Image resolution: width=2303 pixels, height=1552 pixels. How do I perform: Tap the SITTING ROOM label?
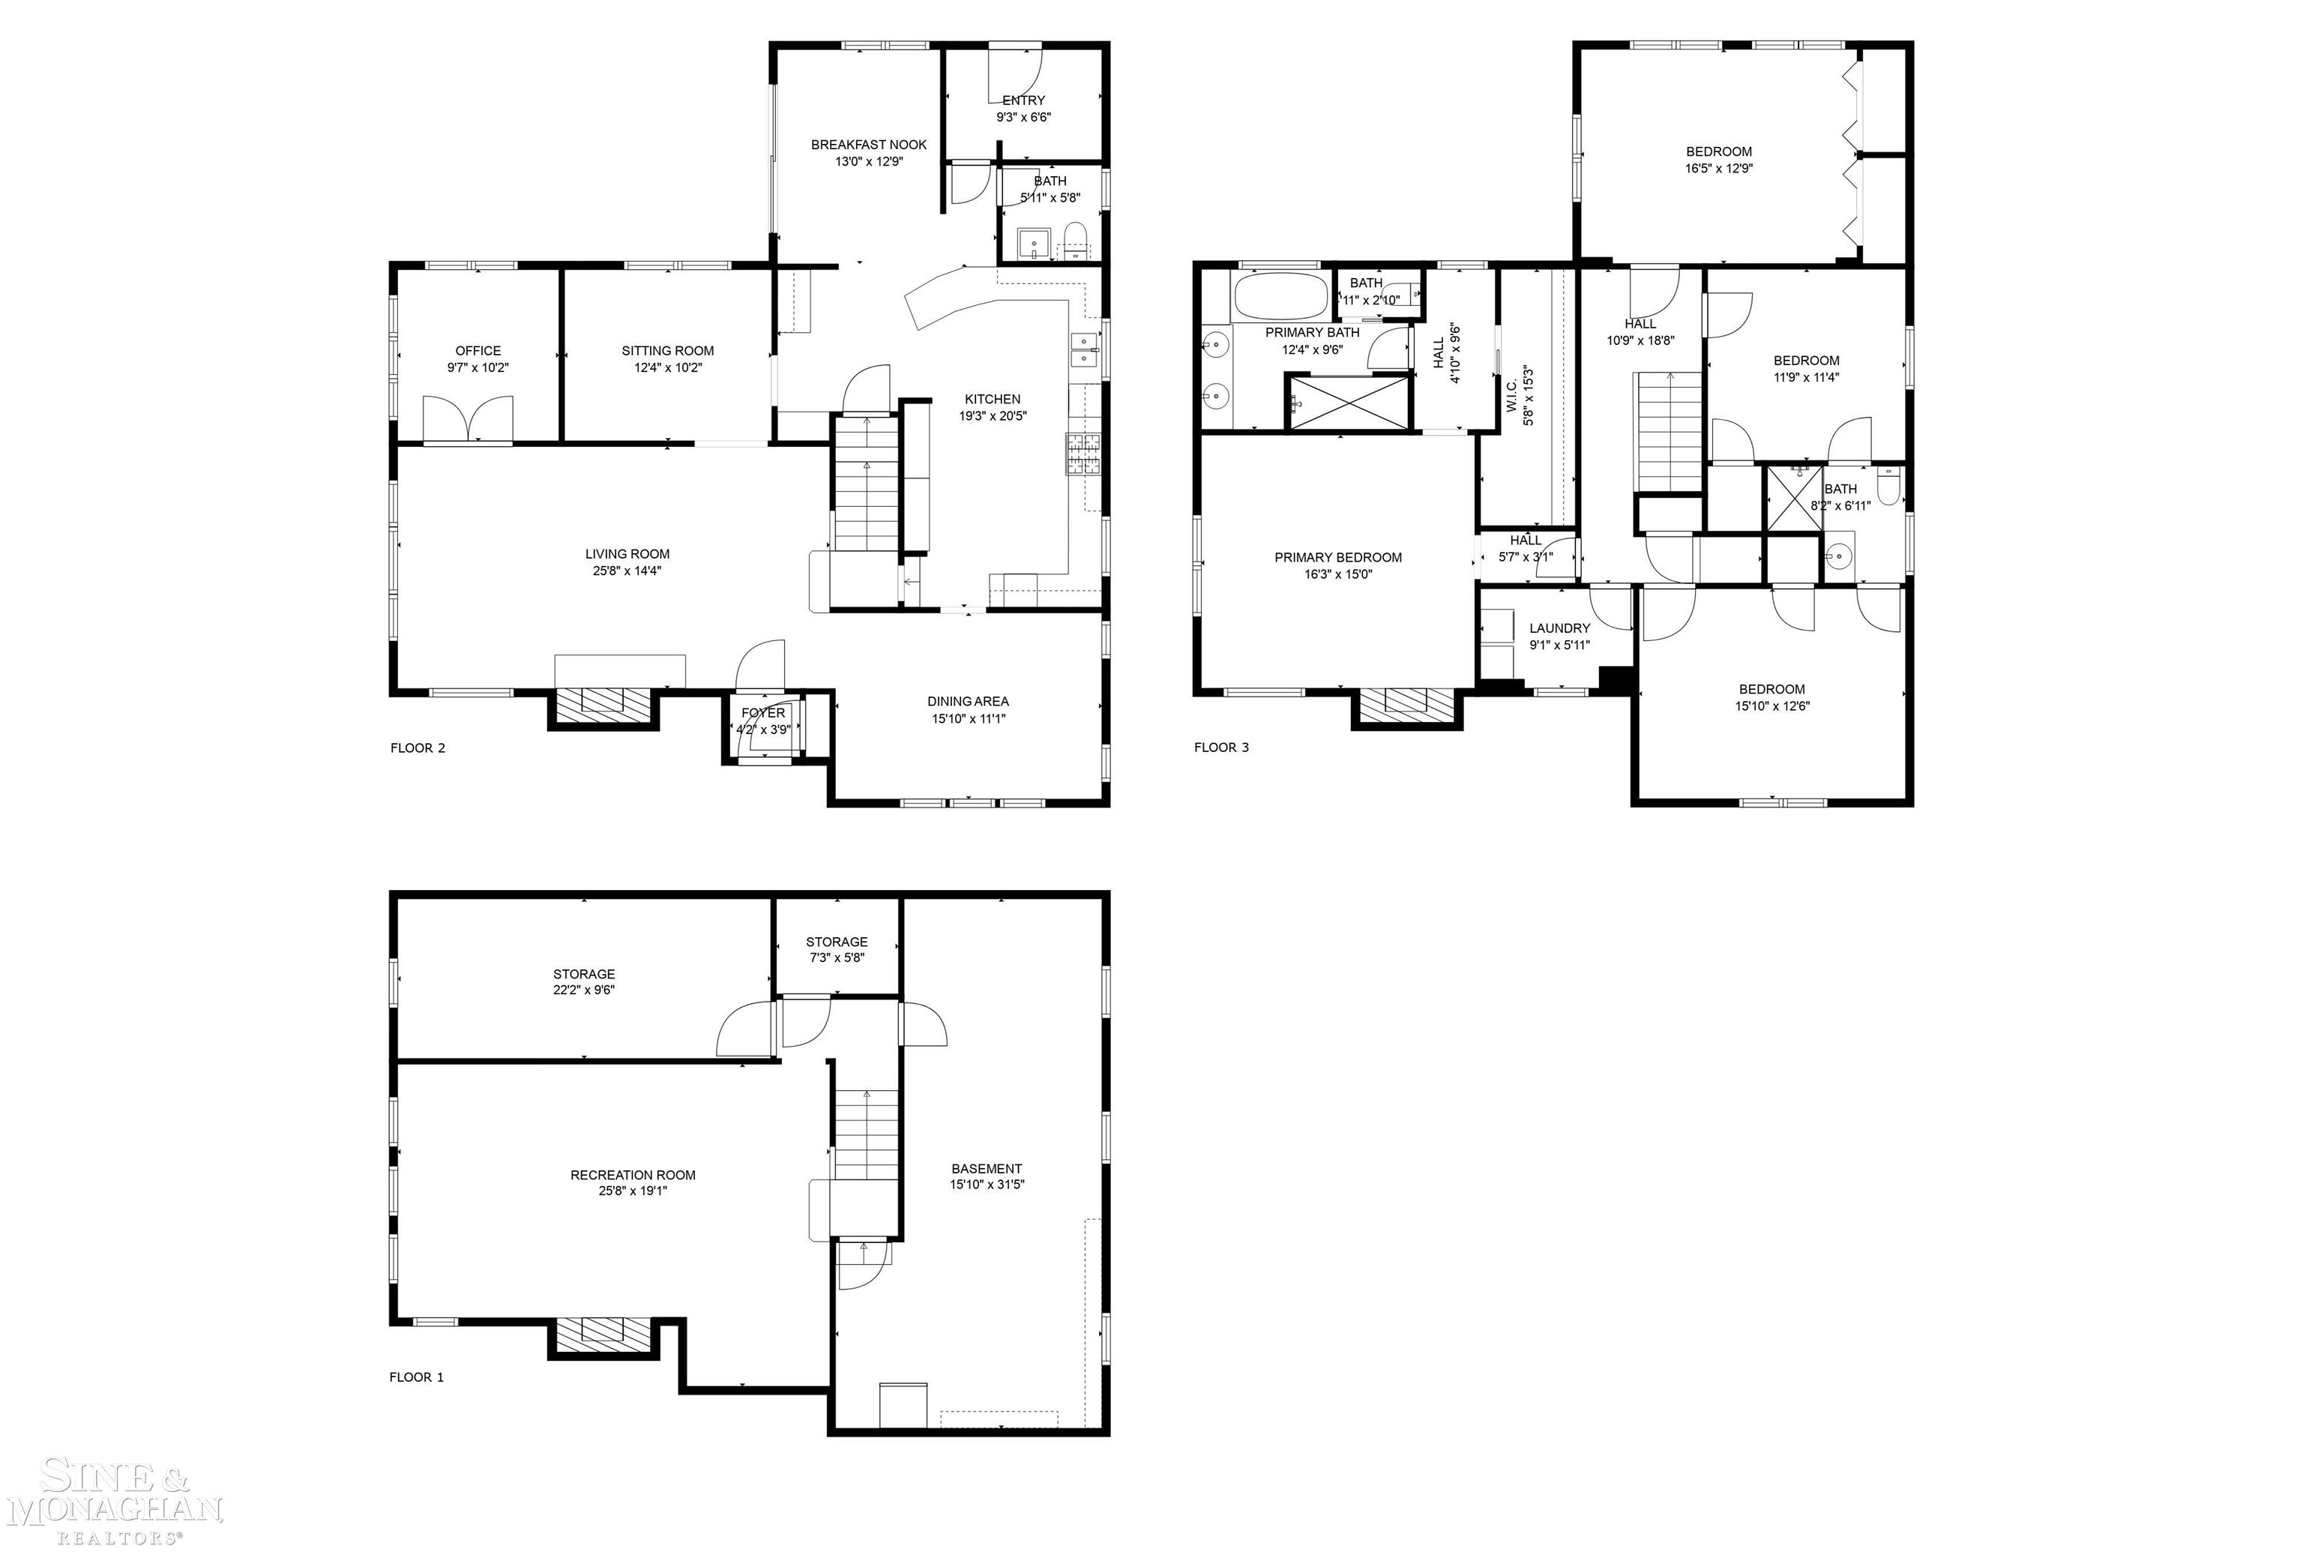coord(667,350)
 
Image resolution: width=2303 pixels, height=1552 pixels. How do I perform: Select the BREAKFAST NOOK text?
coord(868,145)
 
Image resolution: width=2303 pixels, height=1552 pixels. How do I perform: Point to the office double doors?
coord(468,420)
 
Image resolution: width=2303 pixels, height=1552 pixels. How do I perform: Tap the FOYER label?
coord(762,713)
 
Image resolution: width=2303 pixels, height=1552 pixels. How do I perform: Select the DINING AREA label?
coord(967,701)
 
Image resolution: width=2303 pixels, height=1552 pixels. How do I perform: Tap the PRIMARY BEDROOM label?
coord(1337,557)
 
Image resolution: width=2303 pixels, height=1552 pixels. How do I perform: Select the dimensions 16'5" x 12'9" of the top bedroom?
coord(1718,168)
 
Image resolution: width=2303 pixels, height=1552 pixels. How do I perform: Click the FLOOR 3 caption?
coord(1220,748)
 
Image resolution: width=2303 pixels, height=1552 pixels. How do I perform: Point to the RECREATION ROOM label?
coord(633,1175)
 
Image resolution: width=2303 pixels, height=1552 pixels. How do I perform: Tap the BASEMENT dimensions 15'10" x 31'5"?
coord(986,1185)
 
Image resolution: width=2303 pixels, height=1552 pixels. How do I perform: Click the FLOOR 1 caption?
coord(415,1377)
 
